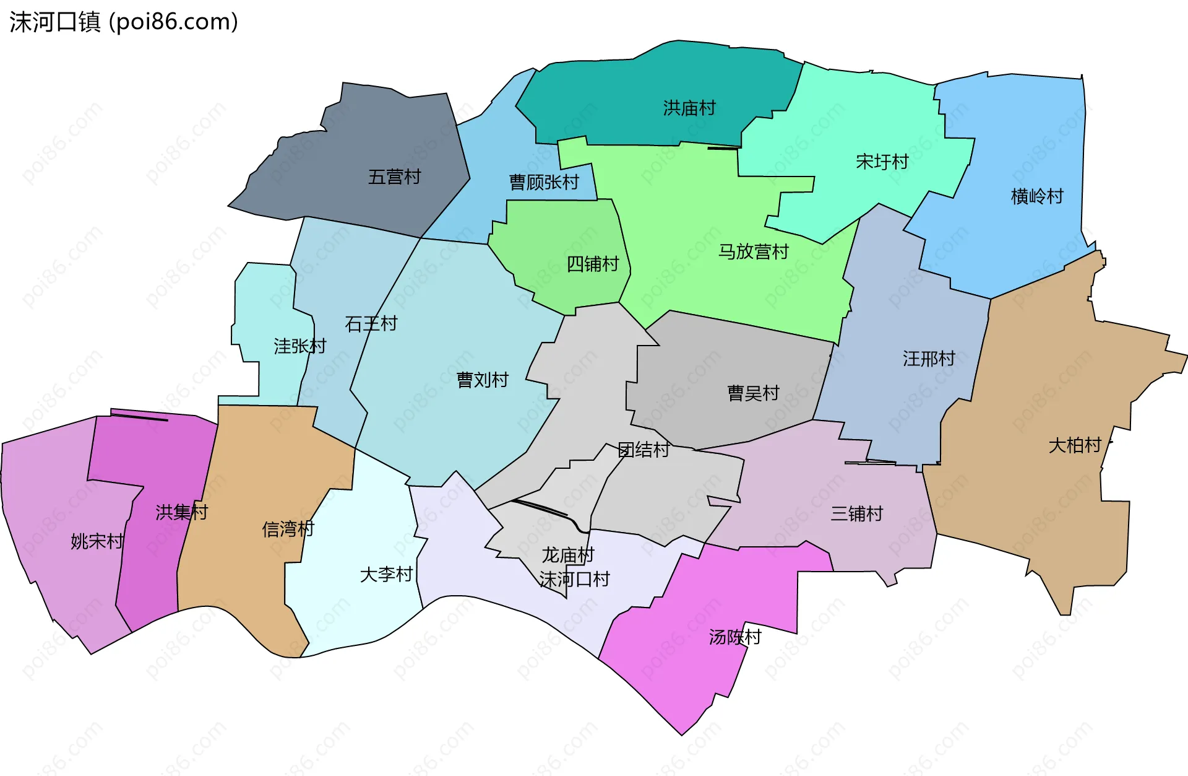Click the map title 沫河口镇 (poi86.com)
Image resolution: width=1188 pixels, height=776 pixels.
tap(124, 22)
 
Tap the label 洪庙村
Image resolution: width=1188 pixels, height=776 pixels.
tap(689, 108)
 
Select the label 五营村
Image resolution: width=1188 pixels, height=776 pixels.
tap(394, 177)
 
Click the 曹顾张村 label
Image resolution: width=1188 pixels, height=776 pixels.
tap(544, 182)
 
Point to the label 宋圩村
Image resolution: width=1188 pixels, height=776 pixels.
tap(882, 162)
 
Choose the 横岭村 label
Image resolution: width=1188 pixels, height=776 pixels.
tap(1037, 196)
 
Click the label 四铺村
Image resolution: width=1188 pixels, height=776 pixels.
tap(593, 264)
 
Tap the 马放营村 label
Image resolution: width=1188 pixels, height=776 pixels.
tap(753, 251)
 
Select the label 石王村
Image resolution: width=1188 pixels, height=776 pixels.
tap(371, 323)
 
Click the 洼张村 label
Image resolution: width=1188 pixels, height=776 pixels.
tap(299, 346)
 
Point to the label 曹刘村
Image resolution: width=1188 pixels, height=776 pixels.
tap(482, 380)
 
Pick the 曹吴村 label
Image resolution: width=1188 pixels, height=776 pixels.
tap(753, 393)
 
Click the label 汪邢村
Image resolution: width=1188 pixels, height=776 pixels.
tap(929, 358)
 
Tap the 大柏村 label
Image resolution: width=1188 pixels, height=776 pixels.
tap(1075, 445)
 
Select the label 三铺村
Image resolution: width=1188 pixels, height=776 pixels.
tap(856, 513)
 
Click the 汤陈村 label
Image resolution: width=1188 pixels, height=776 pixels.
tap(734, 637)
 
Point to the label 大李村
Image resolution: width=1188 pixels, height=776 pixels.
tap(386, 574)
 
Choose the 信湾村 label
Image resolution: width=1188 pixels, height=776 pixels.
tap(288, 529)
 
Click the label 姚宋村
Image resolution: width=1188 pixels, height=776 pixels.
tap(97, 541)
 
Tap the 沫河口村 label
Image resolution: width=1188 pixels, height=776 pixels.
tap(574, 579)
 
